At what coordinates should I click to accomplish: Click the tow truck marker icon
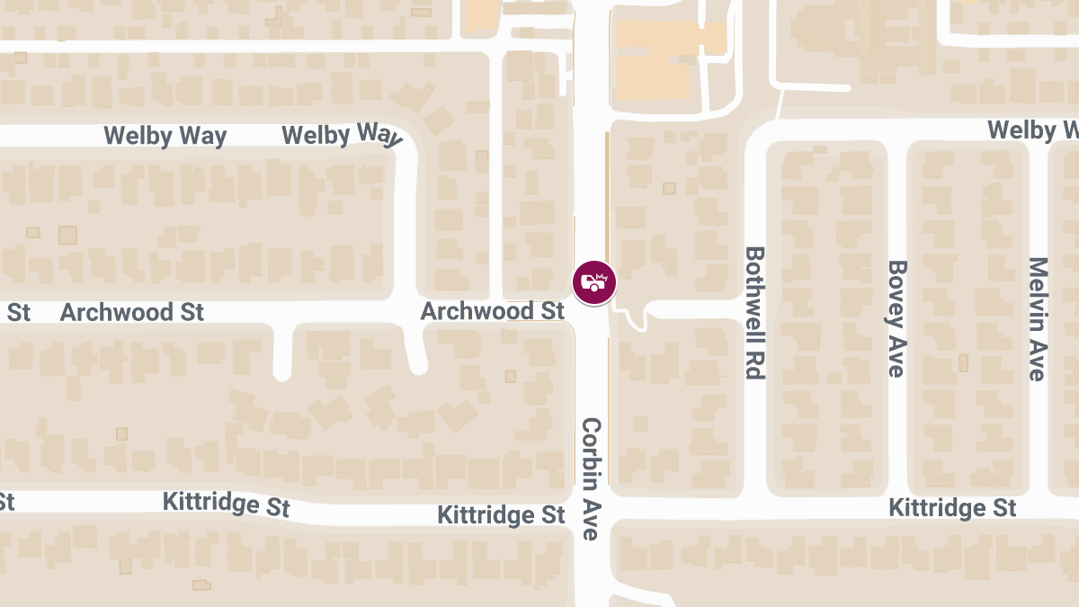pyautogui.click(x=594, y=282)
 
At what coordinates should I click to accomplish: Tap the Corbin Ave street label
pyautogui.click(x=591, y=478)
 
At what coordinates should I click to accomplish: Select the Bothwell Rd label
pyautogui.click(x=754, y=313)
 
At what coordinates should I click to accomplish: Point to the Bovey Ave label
pyautogui.click(x=896, y=318)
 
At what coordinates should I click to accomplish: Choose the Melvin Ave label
pyautogui.click(x=1039, y=318)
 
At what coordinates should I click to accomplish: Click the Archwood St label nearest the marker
pyautogui.click(x=492, y=311)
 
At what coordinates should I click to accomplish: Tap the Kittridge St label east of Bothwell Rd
pyautogui.click(x=952, y=508)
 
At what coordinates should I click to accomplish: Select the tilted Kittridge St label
pyautogui.click(x=226, y=504)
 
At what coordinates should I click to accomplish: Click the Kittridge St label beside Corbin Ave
pyautogui.click(x=501, y=515)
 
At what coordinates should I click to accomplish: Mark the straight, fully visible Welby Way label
pyautogui.click(x=165, y=137)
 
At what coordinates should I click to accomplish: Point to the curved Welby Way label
pyautogui.click(x=341, y=135)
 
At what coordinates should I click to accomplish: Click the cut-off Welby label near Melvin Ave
pyautogui.click(x=1032, y=130)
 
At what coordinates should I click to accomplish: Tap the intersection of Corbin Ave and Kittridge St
pyautogui.click(x=592, y=510)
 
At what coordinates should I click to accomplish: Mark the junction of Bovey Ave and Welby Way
pyautogui.click(x=896, y=131)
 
